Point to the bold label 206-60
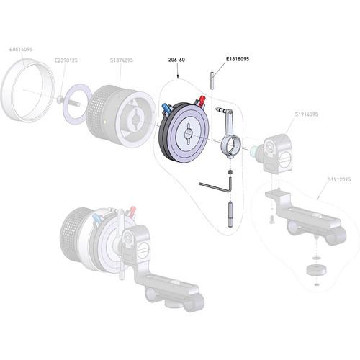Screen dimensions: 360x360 [x=176, y=60]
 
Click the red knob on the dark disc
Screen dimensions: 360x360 [x=202, y=100]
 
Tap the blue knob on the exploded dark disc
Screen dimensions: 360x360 [x=168, y=109]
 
